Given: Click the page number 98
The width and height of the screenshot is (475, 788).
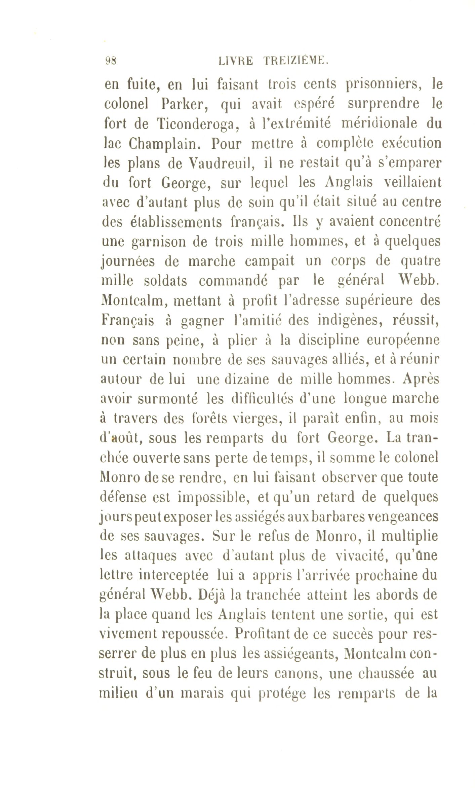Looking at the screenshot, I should (x=111, y=61).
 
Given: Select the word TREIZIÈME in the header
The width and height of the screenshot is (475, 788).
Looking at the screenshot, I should (x=295, y=62).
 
